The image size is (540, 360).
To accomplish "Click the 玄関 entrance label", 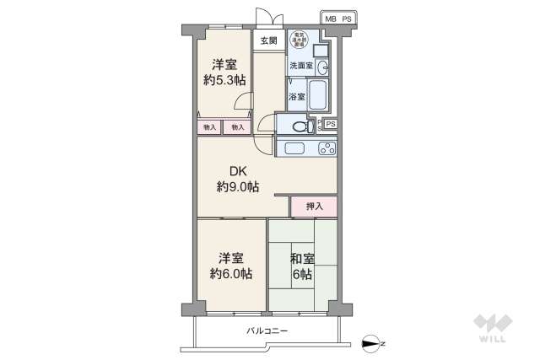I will pyautogui.click(x=268, y=40).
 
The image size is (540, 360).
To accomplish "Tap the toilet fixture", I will pyautogui.click(x=300, y=126).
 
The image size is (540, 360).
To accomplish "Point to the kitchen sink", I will pyautogui.click(x=295, y=149).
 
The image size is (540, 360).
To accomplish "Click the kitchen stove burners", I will pyautogui.click(x=325, y=149).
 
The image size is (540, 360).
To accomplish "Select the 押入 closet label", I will pyautogui.click(x=314, y=206).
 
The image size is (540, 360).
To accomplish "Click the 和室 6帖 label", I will pyautogui.click(x=302, y=266).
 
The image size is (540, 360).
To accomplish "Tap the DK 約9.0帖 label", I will pyautogui.click(x=237, y=179).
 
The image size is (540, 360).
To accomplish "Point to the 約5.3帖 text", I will pyautogui.click(x=224, y=81).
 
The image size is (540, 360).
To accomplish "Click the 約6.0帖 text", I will pyautogui.click(x=231, y=274).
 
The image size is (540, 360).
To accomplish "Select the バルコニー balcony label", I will pyautogui.click(x=267, y=331).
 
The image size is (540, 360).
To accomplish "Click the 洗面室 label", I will pyautogui.click(x=300, y=65).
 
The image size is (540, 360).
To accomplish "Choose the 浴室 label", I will pyautogui.click(x=296, y=97).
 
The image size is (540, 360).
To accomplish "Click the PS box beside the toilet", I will pyautogui.click(x=331, y=125).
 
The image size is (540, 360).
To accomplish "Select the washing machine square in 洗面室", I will pyautogui.click(x=319, y=50).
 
